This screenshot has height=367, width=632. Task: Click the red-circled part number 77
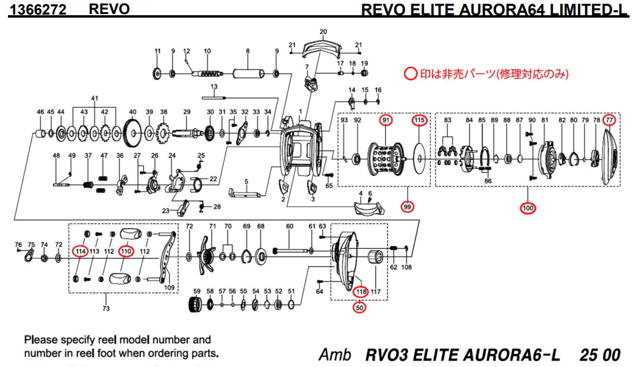coord(609,121)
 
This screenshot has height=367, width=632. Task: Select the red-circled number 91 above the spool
coord(386,121)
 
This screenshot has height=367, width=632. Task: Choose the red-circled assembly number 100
coord(527,209)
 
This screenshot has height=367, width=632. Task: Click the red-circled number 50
coord(359,308)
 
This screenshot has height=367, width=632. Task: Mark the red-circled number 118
coord(361,292)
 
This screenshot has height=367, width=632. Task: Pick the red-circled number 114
coord(80,251)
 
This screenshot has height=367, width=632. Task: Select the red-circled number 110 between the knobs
coord(126,251)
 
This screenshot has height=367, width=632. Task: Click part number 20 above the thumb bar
coord(323,32)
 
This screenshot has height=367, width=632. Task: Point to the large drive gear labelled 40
coord(132,131)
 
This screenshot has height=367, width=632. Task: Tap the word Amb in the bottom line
coord(332,355)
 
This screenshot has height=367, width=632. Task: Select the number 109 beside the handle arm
coord(169,287)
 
